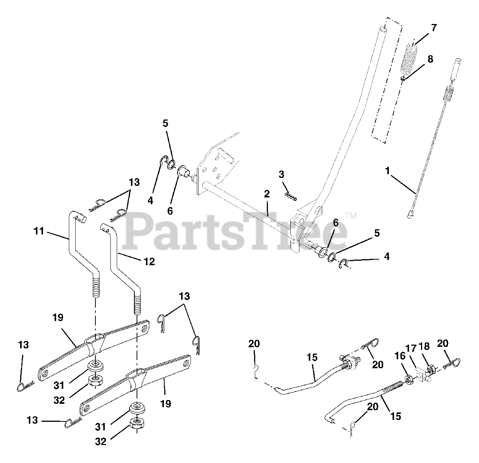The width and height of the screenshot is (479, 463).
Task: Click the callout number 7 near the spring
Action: pyautogui.click(x=433, y=28)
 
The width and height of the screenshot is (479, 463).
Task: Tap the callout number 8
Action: pyautogui.click(x=430, y=59)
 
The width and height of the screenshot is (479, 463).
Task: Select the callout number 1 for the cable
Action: pyautogui.click(x=388, y=171)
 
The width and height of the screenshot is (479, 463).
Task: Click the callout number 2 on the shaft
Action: pyautogui.click(x=266, y=194)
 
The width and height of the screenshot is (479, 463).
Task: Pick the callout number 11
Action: pyautogui.click(x=39, y=231)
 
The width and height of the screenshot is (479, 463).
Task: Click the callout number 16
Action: pyautogui.click(x=400, y=356)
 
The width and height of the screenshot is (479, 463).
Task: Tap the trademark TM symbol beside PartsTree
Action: pyautogui.click(x=350, y=216)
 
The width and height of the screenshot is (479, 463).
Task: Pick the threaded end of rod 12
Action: pyautogui.click(x=137, y=304)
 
